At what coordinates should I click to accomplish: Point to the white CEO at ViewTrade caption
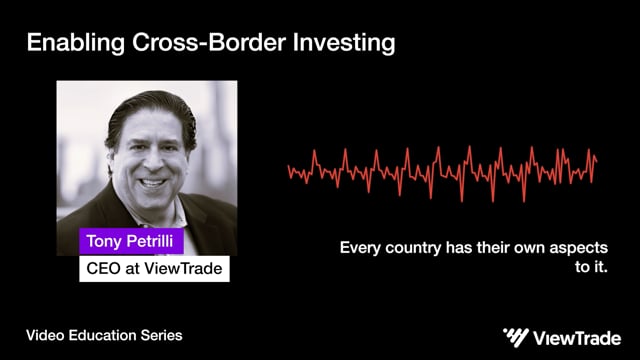[154, 268]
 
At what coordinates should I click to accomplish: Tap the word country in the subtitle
[413, 247]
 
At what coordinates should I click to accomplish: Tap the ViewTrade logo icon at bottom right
[516, 336]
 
